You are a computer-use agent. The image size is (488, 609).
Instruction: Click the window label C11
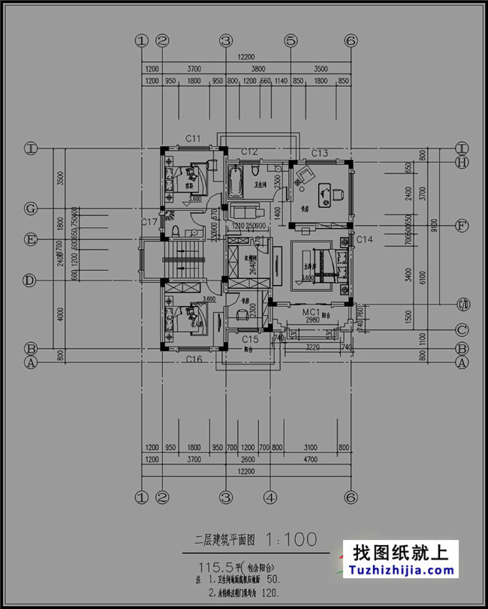point(193,139)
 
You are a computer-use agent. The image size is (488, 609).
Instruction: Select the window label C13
point(320,153)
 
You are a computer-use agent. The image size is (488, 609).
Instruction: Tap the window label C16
point(194,360)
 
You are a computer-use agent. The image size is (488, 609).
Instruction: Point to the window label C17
point(149,222)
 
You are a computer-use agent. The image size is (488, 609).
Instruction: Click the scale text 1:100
point(289,538)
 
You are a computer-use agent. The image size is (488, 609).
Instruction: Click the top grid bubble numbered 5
point(291,40)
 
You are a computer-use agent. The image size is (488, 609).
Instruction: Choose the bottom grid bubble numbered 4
point(270,496)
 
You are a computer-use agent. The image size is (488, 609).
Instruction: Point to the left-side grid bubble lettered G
point(31,208)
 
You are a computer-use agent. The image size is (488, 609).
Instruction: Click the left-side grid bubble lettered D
point(31,280)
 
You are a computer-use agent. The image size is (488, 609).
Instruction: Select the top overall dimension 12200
point(246,56)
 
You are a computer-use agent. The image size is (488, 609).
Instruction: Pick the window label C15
point(250,340)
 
